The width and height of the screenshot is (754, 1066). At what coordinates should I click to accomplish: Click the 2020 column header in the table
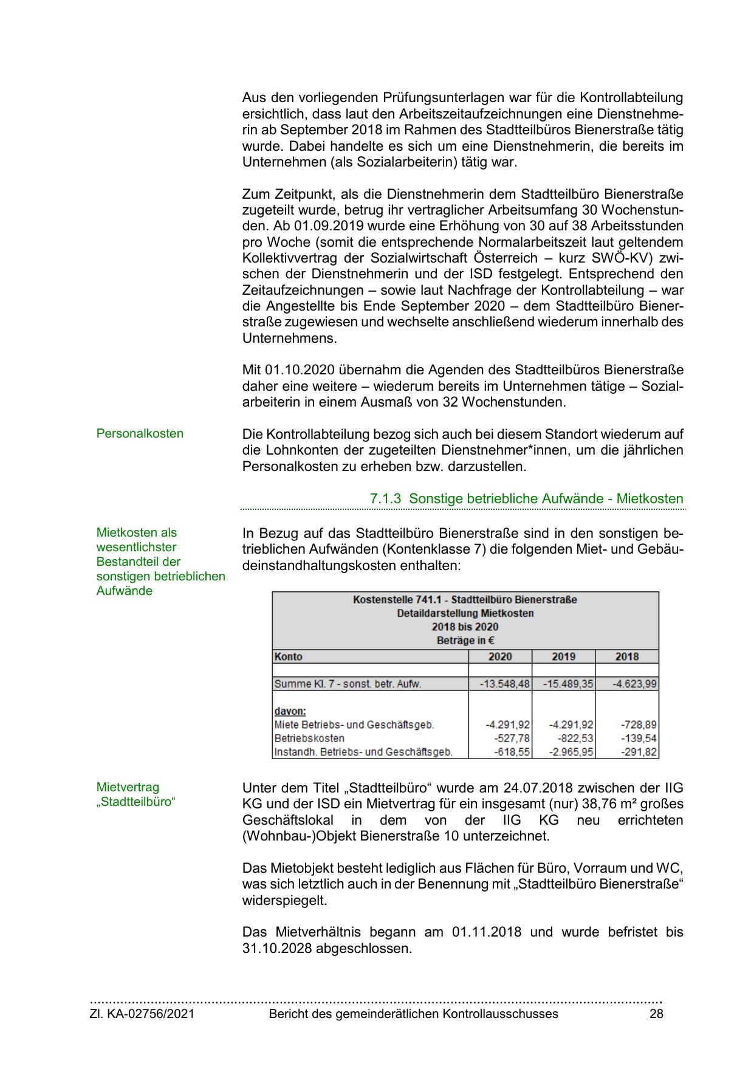point(500,656)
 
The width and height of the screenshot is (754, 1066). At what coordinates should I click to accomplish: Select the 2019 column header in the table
point(563,656)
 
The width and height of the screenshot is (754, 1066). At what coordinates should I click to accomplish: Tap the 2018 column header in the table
point(627,656)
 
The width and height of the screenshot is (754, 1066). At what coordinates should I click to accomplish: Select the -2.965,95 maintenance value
point(571,752)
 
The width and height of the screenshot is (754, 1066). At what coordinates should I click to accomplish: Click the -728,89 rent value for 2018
point(639,724)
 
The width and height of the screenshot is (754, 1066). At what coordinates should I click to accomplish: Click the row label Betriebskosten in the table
point(309,738)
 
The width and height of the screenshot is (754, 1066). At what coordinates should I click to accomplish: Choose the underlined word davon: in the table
point(290,710)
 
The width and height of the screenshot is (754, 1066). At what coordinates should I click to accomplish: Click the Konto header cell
point(289,656)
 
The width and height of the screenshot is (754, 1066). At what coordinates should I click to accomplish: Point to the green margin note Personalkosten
point(140,433)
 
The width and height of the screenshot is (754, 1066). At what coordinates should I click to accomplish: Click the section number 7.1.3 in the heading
point(386,499)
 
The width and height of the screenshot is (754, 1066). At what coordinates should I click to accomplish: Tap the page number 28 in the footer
point(656,1014)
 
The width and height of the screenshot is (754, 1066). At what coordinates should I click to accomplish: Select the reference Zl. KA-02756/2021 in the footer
point(142,1014)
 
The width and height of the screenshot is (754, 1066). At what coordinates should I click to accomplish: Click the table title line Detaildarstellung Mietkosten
point(465,613)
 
